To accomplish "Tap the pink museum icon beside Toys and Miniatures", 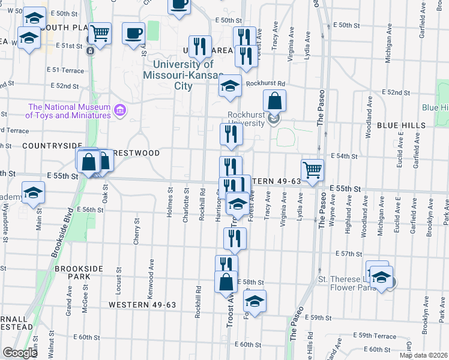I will (x=119, y=110).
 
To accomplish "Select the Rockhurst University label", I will (x=246, y=119).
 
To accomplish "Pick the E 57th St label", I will (x=347, y=254).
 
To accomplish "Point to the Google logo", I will (x=20, y=353).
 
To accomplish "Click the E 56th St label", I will (x=91, y=209).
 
